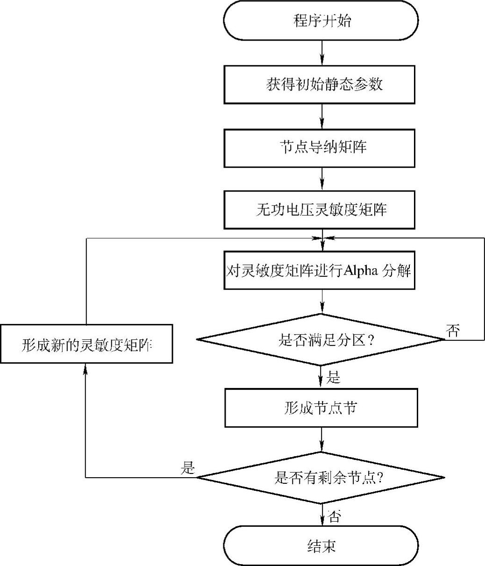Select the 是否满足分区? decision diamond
coord(321,340)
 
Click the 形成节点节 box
coord(321,408)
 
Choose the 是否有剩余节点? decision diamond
coord(321,478)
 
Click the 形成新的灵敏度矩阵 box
coord(87,344)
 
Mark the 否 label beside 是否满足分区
coord(453,331)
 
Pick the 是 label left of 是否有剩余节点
coord(187,468)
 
